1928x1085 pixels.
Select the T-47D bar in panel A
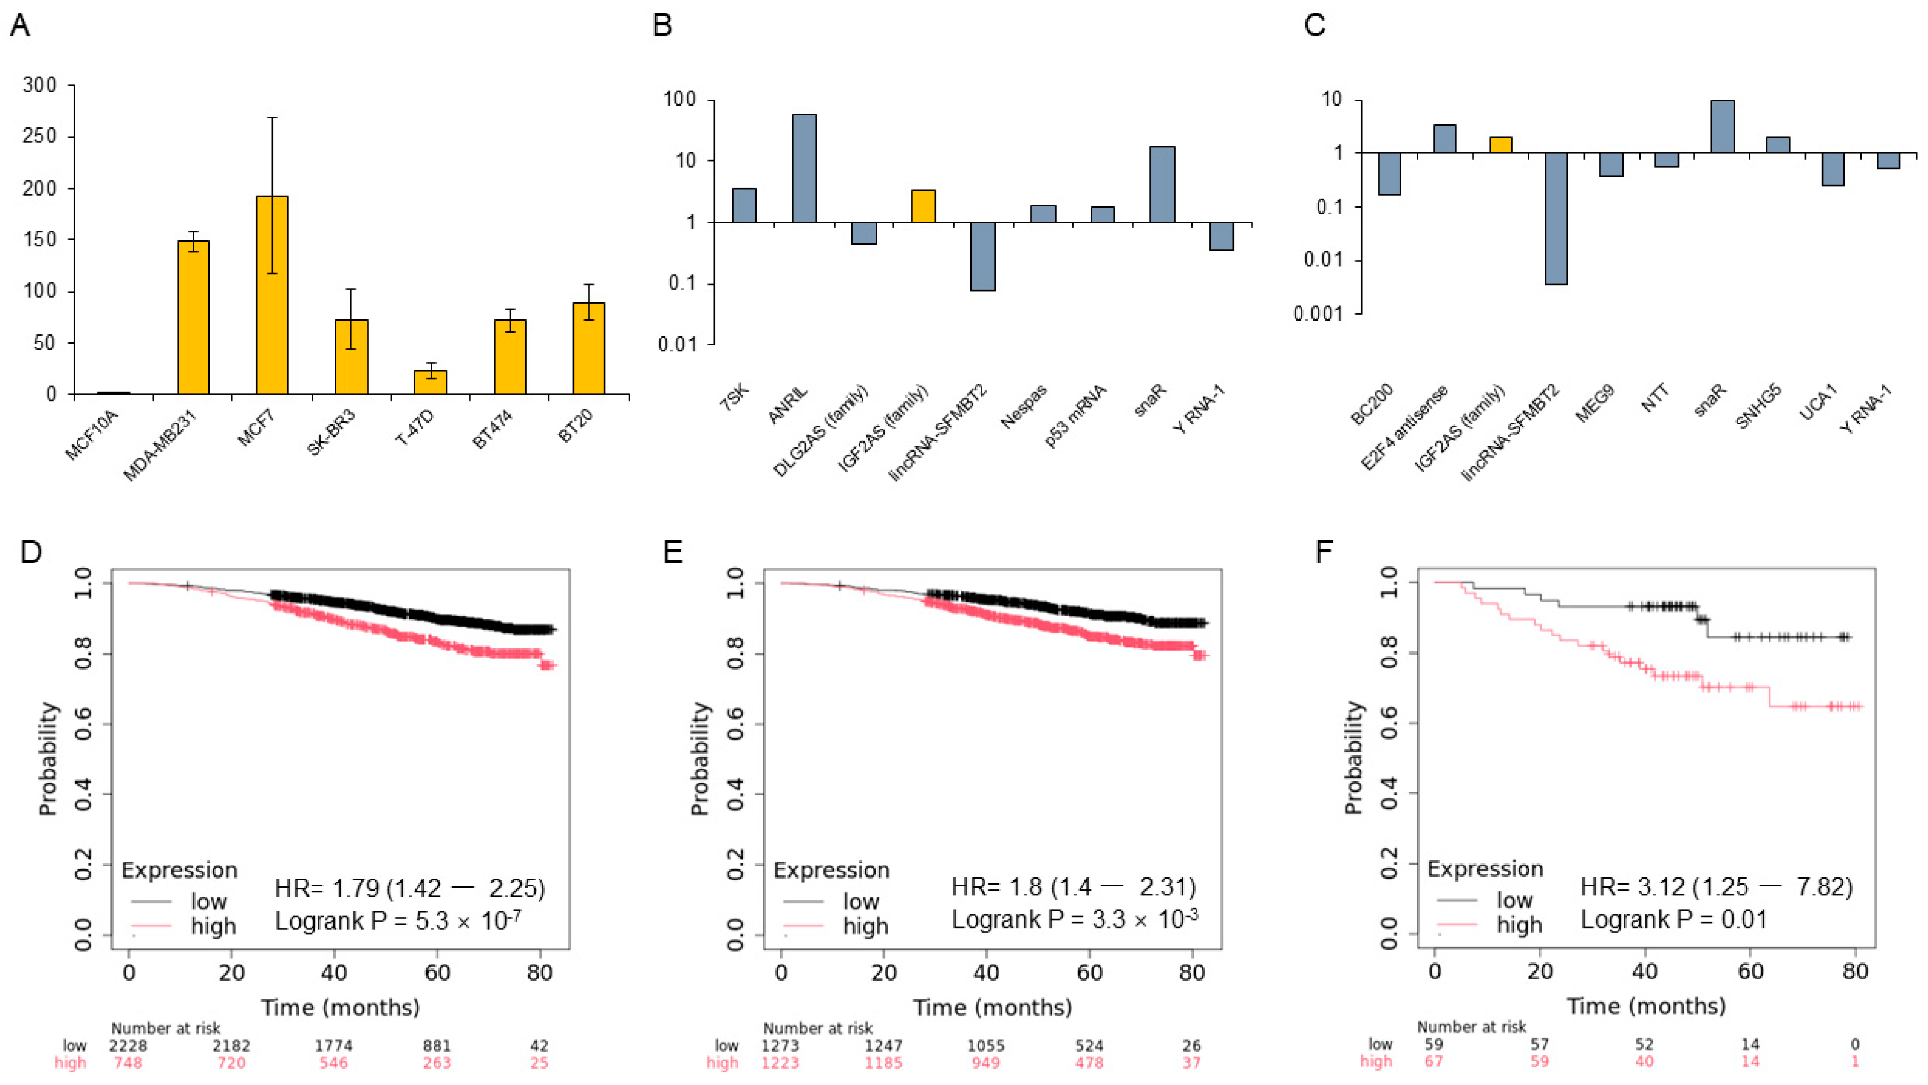tap(431, 382)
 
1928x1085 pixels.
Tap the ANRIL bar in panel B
tap(804, 168)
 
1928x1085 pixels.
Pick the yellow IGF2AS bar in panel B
tap(924, 206)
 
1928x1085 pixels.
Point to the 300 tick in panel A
tap(40, 85)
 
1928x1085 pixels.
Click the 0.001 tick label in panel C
tap(1318, 313)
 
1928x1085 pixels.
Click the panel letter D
tap(31, 552)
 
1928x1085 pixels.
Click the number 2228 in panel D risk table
tap(129, 1045)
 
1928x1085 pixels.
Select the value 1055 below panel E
tap(985, 1045)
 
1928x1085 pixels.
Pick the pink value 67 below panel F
tap(1433, 1061)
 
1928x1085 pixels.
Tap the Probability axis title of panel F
tap(1353, 758)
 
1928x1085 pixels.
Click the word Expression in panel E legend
tap(831, 870)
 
